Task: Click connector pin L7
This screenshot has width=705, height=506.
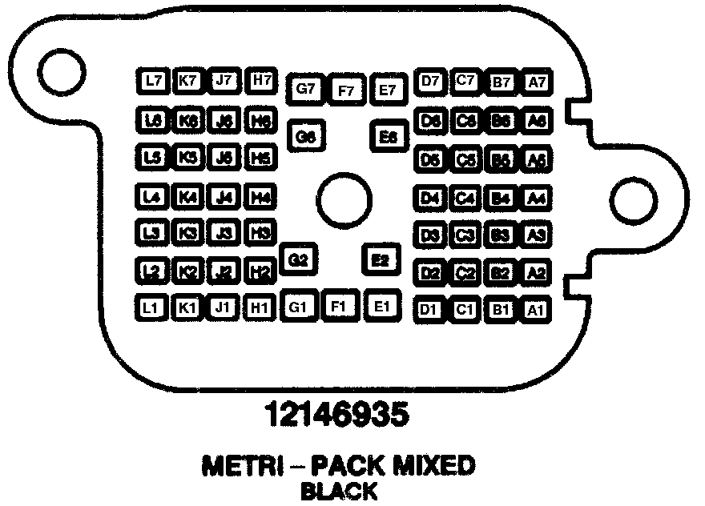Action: click(x=152, y=80)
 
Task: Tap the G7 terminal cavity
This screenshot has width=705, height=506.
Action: click(x=304, y=88)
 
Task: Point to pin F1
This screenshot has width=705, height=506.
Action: click(x=338, y=306)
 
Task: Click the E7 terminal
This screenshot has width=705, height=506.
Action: click(x=388, y=89)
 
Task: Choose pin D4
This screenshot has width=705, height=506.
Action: click(x=431, y=196)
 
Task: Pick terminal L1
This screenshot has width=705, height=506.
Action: click(x=150, y=307)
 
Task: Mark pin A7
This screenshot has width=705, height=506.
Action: click(x=536, y=81)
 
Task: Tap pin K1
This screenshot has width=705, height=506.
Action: click(x=187, y=307)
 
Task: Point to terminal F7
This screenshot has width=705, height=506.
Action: click(x=346, y=90)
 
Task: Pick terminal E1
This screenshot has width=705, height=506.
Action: click(x=381, y=306)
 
